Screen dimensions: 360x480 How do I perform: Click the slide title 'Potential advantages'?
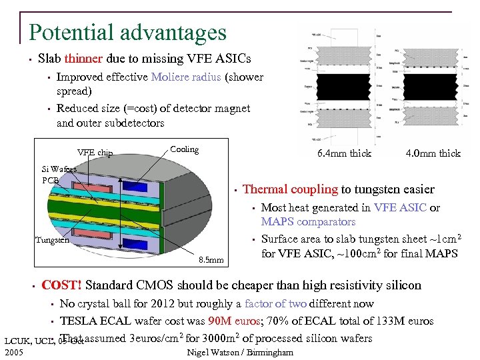(127, 31)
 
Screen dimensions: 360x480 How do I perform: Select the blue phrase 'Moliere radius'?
(186, 77)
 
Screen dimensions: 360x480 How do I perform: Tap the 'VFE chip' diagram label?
(95, 153)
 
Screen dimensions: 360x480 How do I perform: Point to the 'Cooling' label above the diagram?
(185, 149)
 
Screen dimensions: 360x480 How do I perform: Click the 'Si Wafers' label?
(59, 169)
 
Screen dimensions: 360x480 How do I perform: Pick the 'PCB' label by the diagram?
(51, 180)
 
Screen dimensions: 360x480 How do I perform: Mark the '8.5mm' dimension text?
(213, 259)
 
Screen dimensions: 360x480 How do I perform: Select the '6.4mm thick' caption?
(345, 153)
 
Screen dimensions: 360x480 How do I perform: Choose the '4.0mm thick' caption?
(434, 153)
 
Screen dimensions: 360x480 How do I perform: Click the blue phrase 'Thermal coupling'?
(291, 190)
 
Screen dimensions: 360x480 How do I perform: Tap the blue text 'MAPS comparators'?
(308, 222)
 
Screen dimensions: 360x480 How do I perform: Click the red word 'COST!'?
(61, 285)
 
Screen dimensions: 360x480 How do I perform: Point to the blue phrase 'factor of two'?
(275, 303)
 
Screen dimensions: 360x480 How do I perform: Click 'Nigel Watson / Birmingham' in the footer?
(240, 352)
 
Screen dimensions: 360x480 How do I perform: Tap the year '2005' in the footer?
(13, 351)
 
